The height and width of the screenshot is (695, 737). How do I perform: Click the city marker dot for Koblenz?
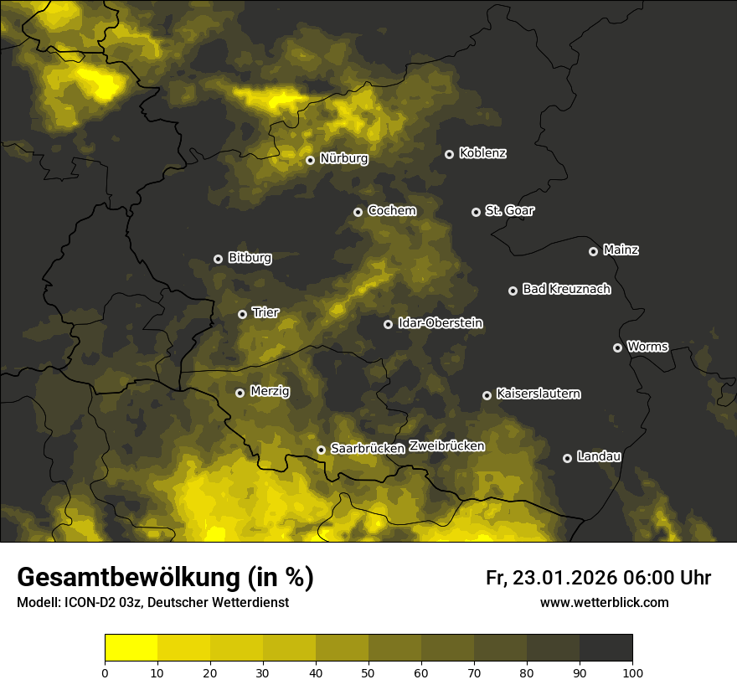450,154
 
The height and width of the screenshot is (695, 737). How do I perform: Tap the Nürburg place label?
343,159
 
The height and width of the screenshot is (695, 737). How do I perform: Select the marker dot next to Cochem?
358,212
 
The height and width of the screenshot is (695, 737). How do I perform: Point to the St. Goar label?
509,211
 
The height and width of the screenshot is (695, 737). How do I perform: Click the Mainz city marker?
594,251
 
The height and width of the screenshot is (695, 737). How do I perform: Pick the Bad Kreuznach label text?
566,290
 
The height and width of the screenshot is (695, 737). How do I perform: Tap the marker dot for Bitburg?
219,259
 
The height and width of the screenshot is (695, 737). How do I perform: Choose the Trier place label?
265,313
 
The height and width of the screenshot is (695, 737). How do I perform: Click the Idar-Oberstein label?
441,323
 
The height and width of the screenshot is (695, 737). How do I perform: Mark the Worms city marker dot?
618,347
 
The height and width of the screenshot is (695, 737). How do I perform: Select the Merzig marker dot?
240,393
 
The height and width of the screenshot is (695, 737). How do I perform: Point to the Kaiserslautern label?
538,394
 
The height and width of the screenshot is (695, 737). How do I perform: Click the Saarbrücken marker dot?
321,450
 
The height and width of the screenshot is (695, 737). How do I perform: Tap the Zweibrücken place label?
446,446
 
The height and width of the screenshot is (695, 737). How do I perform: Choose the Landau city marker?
568,458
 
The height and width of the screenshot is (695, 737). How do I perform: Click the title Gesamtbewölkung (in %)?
165,578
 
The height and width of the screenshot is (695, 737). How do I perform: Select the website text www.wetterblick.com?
604,603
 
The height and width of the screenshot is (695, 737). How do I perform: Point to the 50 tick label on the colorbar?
368,673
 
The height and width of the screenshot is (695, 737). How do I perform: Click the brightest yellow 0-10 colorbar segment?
131,648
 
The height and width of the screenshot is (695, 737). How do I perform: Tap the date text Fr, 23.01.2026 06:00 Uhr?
598,579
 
